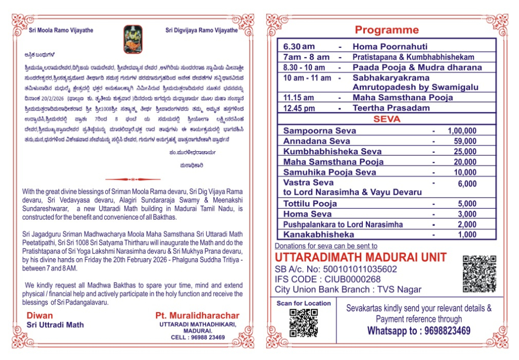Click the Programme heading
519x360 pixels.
(x=387, y=30)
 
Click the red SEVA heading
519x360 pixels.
(x=386, y=119)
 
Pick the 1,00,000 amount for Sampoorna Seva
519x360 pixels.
(x=461, y=131)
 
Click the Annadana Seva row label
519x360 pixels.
(x=317, y=141)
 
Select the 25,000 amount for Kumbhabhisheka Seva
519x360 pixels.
(x=465, y=151)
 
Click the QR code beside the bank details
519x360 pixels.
(x=480, y=273)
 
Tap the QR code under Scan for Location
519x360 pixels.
(x=303, y=323)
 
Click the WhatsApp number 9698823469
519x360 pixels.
(x=442, y=331)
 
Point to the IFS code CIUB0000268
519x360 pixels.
(x=324, y=279)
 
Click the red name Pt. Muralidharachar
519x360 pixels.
(x=197, y=315)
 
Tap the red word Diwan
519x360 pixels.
(x=40, y=315)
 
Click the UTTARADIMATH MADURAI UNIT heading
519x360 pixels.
(x=360, y=257)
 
